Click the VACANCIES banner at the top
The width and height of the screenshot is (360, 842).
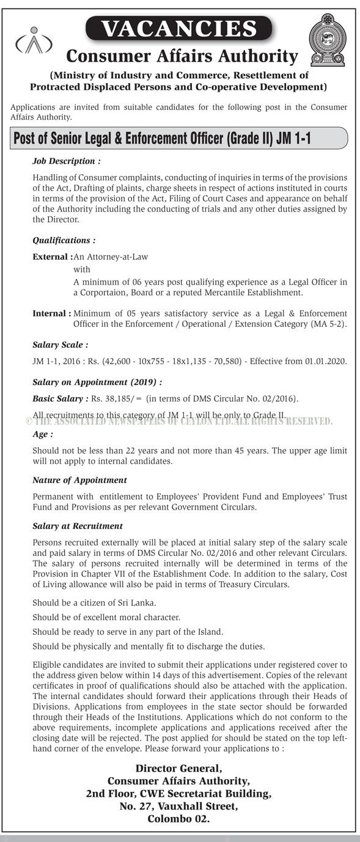(179, 29)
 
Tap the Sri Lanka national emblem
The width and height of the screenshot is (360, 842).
(328, 40)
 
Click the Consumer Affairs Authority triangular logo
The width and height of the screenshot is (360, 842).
(34, 42)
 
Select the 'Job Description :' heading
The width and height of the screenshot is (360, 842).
(66, 161)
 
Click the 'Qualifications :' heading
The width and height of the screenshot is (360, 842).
(64, 241)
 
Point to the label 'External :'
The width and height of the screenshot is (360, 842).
(52, 257)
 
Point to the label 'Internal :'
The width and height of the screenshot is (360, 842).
(51, 313)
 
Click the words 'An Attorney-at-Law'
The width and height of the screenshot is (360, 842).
(111, 257)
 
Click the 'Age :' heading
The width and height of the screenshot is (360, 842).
(43, 434)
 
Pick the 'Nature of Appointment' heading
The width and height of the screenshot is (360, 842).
(79, 480)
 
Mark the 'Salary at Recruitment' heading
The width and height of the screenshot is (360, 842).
(78, 525)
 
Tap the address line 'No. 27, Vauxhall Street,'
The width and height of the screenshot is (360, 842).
(178, 807)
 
